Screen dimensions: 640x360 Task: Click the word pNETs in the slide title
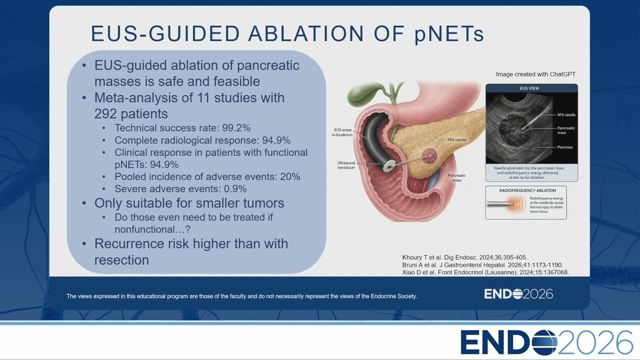(449, 34)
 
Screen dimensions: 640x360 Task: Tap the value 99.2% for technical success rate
(236, 128)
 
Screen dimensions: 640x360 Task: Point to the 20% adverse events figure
(290, 176)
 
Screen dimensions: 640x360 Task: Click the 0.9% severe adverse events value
(235, 188)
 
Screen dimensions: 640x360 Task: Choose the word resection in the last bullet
(121, 260)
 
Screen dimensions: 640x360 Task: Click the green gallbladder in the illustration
(361, 92)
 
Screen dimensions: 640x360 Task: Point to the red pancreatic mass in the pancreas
(429, 155)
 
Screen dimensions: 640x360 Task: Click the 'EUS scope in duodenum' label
(342, 132)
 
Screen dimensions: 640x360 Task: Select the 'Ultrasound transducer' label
(346, 165)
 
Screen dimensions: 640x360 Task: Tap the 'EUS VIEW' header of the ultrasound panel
(529, 88)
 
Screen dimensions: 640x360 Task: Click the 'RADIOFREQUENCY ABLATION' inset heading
(527, 190)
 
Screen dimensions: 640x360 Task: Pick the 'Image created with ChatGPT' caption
(535, 74)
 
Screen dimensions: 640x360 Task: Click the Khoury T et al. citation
(465, 257)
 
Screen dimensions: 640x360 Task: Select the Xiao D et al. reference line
(485, 272)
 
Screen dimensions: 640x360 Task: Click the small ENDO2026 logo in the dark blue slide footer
(518, 294)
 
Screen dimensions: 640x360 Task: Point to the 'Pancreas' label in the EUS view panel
(565, 147)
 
